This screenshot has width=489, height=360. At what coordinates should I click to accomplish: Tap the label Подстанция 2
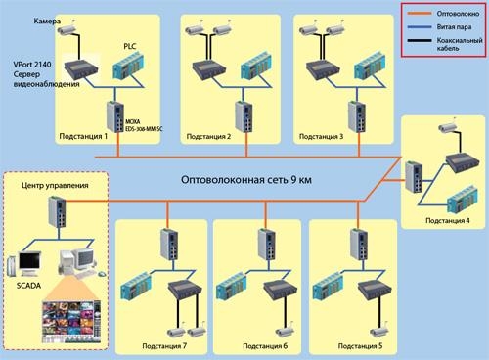tap(208, 136)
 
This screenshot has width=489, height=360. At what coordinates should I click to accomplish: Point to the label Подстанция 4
tap(447, 223)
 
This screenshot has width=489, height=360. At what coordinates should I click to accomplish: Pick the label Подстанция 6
tap(265, 346)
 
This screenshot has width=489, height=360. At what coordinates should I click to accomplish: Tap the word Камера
tap(22, 20)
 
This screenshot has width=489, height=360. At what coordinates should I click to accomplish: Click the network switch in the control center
tap(52, 210)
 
